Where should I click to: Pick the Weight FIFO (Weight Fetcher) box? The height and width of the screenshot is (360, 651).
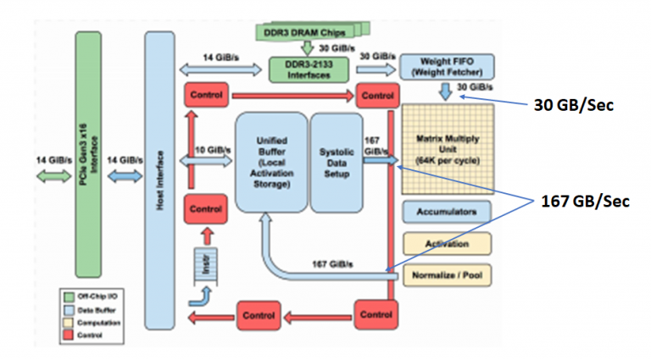pyautogui.click(x=446, y=67)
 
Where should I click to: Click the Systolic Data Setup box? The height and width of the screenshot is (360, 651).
pyautogui.click(x=337, y=162)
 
